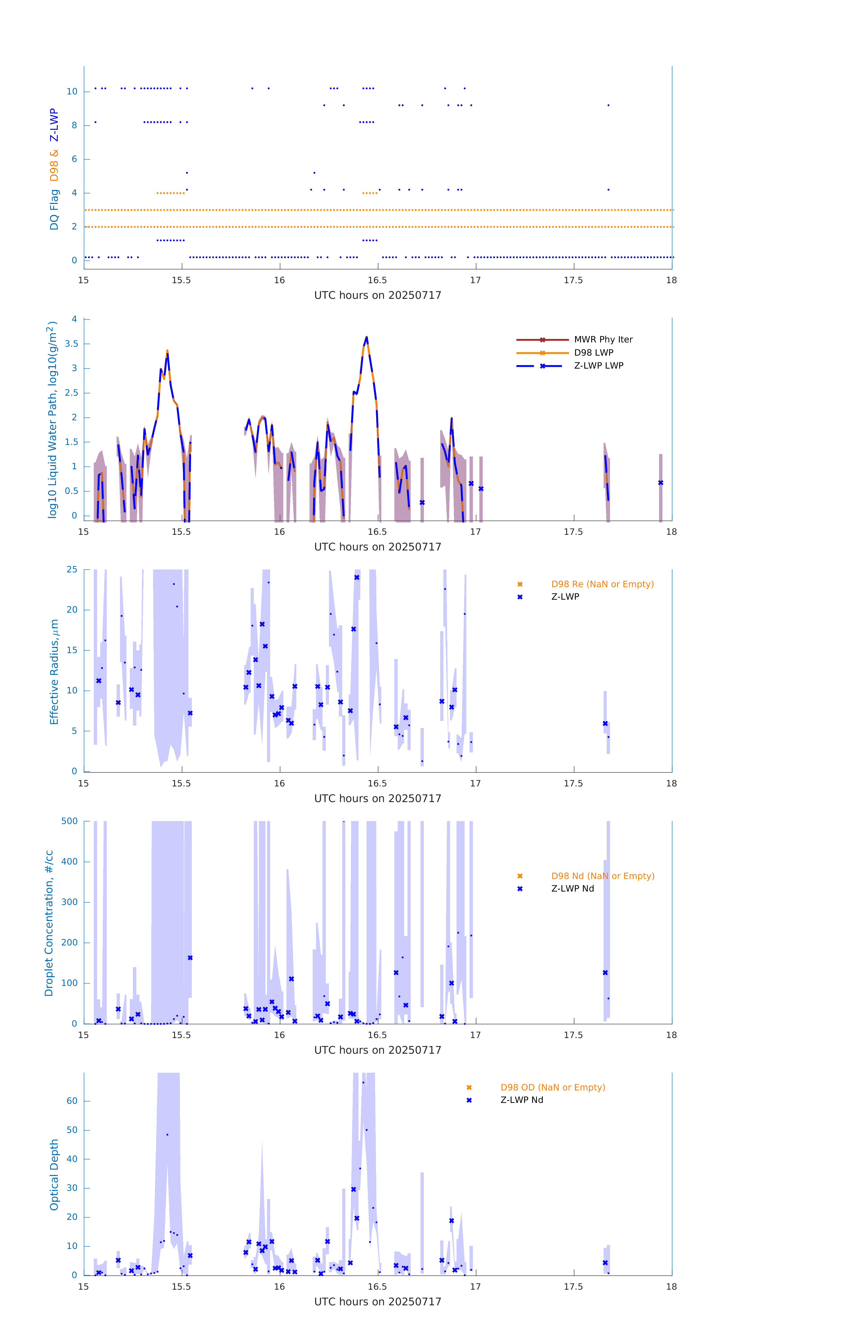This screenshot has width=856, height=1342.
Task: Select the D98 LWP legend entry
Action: [x=593, y=353]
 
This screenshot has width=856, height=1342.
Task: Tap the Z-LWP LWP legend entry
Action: [x=598, y=366]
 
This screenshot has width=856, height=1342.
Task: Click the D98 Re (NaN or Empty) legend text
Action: [x=602, y=584]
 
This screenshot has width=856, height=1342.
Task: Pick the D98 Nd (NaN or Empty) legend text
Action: [x=602, y=876]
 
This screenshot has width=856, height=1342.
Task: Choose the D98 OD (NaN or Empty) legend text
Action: [x=552, y=1087]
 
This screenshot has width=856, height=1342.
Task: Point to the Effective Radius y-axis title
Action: [x=54, y=671]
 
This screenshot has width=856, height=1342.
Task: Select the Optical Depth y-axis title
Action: [x=54, y=1174]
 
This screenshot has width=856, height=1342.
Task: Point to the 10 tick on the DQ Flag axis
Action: [x=72, y=91]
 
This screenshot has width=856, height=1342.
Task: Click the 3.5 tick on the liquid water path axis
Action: [x=71, y=344]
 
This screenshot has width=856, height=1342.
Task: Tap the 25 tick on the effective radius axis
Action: [x=72, y=570]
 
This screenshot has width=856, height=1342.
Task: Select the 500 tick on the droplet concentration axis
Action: [x=70, y=821]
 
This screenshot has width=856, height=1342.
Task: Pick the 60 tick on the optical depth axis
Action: [x=72, y=1101]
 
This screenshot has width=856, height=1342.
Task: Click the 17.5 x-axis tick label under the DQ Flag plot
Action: [x=573, y=280]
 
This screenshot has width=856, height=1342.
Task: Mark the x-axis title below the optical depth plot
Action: [x=378, y=1302]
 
